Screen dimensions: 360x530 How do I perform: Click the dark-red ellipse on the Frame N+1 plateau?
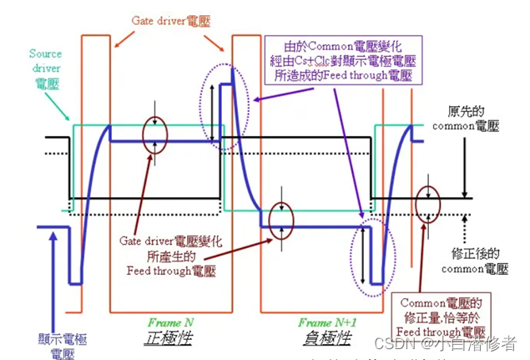point(280,218)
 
